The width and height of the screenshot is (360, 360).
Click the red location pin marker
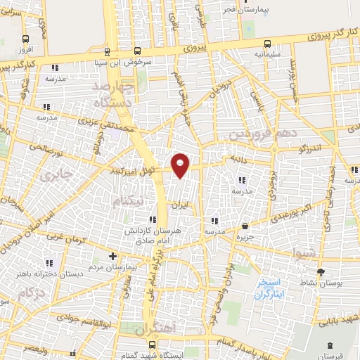point(181,165)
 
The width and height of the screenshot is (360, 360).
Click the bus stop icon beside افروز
point(26,39)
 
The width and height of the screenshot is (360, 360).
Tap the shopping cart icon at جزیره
point(245,226)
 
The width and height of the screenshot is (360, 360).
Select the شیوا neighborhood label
point(307,255)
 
